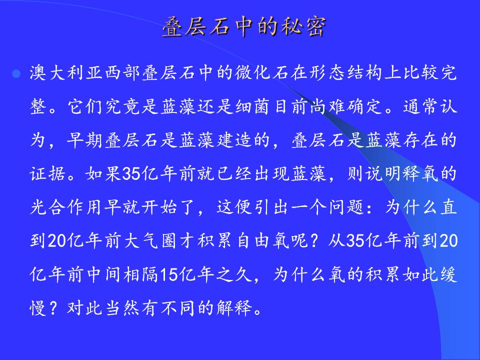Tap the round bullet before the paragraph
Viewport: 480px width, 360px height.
(x=16, y=74)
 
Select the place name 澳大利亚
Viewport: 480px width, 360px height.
(x=66, y=73)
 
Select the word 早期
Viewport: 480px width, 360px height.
(x=84, y=140)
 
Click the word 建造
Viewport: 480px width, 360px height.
(x=234, y=140)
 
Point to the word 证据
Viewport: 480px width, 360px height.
(x=48, y=173)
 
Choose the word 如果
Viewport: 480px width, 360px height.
(x=103, y=173)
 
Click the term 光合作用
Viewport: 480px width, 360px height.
(x=66, y=207)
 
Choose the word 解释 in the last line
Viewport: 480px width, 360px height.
(x=234, y=307)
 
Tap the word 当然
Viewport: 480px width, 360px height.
(x=122, y=307)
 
